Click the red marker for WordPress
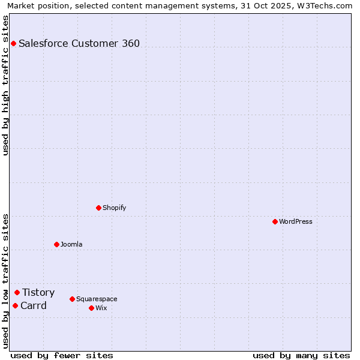click(275, 221)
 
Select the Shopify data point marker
click(98, 208)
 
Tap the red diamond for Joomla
click(56, 244)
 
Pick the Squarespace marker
click(72, 299)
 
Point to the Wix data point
click(91, 308)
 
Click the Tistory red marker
click(17, 292)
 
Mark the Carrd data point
click(15, 305)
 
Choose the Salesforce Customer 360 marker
click(13, 43)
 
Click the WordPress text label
click(296, 221)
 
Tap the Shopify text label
click(114, 208)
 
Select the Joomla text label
click(71, 244)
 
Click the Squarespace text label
click(97, 299)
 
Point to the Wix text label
click(101, 308)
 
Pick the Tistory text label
click(38, 292)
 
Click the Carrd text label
click(34, 305)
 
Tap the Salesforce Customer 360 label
click(79, 43)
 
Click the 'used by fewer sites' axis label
click(62, 355)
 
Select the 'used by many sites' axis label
click(301, 355)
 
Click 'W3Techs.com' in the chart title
click(328, 5)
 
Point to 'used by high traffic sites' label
click(5, 85)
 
